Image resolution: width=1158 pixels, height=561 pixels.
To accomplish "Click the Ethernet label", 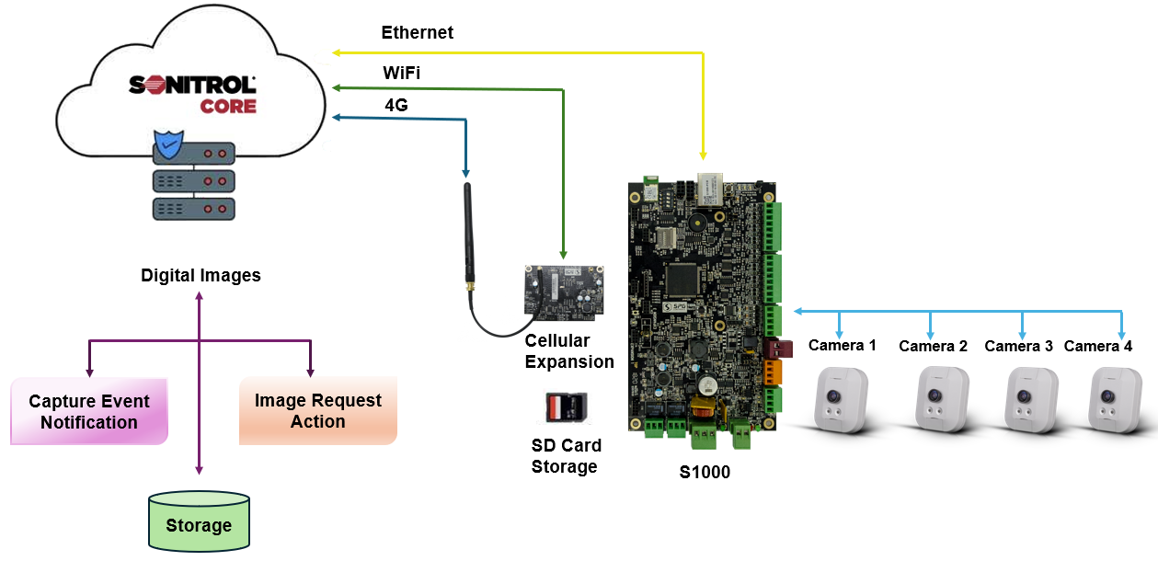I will click(x=417, y=33).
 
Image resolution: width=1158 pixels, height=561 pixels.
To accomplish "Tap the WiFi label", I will click(x=402, y=73).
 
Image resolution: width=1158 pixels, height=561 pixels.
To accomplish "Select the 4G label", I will click(x=396, y=105).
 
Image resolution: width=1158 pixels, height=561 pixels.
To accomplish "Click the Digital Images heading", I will click(x=201, y=275).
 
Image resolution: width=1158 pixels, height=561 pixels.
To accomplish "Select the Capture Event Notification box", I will click(x=89, y=412).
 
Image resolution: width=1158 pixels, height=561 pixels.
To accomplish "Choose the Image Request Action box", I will click(x=318, y=411).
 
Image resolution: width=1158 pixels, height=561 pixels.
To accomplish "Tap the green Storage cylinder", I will click(x=199, y=521).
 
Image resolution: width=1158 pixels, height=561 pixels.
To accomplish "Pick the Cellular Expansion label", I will click(x=569, y=351).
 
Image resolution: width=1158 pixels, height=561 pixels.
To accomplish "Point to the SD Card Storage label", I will click(x=566, y=456).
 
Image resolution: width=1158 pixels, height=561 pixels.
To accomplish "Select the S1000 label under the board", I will click(x=705, y=473).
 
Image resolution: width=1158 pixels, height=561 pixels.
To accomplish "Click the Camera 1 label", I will click(x=842, y=346).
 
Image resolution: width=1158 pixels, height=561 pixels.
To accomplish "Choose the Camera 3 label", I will click(x=1018, y=347).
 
